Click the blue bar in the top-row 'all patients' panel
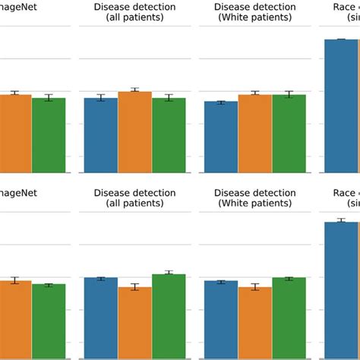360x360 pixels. (x=100, y=135)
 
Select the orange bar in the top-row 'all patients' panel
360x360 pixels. (x=134, y=132)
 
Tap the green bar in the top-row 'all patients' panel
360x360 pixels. (x=169, y=135)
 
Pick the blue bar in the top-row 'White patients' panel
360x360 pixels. (x=221, y=137)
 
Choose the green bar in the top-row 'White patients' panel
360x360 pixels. (x=289, y=134)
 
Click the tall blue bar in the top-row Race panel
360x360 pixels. (x=341, y=106)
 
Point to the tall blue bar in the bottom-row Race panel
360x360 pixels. (x=341, y=289)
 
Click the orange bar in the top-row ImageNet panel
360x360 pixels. (x=15, y=134)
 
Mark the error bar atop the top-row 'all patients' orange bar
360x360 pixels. (x=134, y=90)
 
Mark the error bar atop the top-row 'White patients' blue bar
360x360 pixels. (x=221, y=102)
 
